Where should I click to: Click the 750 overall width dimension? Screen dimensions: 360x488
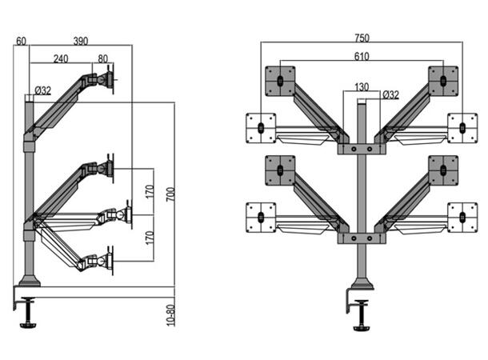tap(362, 37)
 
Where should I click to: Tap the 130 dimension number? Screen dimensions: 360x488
tap(362, 86)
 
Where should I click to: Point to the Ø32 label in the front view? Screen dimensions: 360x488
tap(391, 94)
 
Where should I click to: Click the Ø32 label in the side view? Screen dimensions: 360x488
tap(42, 90)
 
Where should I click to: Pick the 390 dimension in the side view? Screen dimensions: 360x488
tap(81, 41)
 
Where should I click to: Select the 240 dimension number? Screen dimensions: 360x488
tap(61, 58)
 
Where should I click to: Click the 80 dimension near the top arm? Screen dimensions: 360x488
tap(102, 58)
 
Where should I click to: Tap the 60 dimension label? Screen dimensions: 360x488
tap(21, 41)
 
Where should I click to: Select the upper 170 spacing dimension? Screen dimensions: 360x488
tap(149, 192)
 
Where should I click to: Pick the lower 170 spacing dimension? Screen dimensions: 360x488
tap(149, 238)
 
